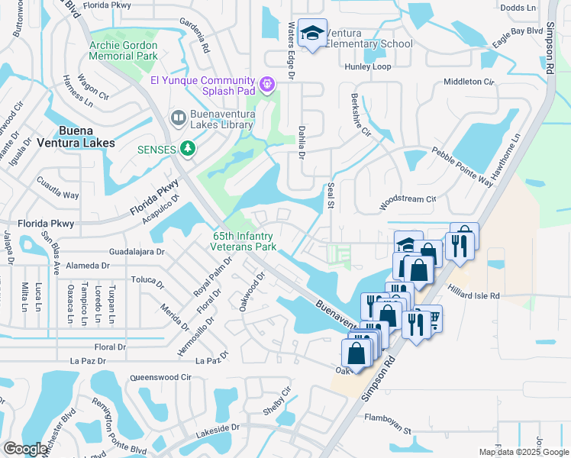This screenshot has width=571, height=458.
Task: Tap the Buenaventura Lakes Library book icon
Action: click(178, 118)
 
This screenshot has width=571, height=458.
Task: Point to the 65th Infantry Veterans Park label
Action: click(244, 242)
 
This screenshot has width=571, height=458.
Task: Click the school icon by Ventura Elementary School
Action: click(311, 34)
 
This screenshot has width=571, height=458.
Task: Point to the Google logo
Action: click(25, 449)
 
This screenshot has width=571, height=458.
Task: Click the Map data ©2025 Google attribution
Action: click(523, 452)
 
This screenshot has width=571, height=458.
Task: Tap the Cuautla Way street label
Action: click(58, 189)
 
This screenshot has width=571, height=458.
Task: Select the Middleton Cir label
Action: click(469, 82)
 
